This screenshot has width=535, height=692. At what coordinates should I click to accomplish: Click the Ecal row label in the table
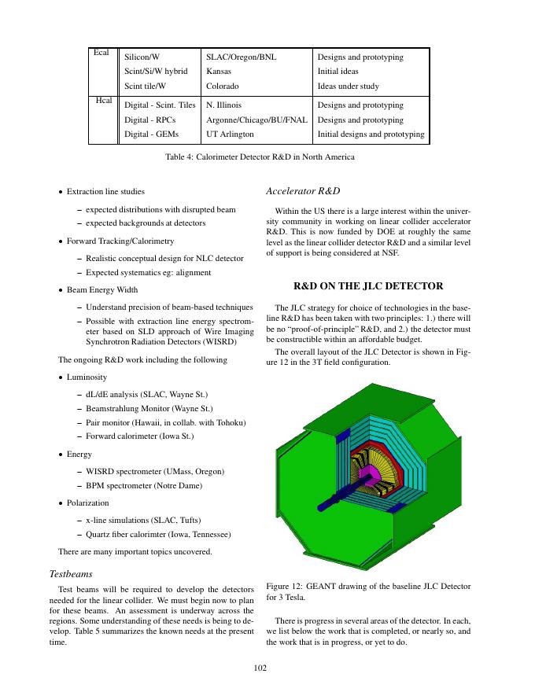point(101,53)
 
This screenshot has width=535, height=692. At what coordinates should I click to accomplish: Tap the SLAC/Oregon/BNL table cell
point(241,57)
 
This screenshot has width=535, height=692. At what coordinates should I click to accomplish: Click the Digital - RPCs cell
point(150,120)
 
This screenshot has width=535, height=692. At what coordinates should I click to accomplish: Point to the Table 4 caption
point(260,156)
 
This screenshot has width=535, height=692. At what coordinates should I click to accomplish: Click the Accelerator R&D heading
point(303,191)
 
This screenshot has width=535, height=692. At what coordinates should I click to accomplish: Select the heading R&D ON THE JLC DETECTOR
point(368,285)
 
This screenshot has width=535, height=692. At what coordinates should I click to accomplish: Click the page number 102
point(261,668)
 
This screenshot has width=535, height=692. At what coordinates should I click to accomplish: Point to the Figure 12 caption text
point(368,591)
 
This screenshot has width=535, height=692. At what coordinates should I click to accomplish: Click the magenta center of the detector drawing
point(364,474)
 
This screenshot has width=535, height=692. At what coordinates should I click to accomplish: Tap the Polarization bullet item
point(87,502)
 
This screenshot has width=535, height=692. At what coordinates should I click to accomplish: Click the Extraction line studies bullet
point(105,191)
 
